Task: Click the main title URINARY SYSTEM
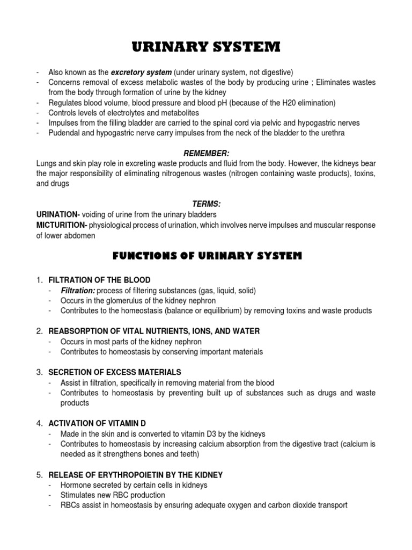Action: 206,48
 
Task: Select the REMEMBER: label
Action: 206,153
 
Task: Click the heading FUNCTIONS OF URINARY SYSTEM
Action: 207,257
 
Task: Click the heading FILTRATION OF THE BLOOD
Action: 99,280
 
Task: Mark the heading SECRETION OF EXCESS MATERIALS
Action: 115,372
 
